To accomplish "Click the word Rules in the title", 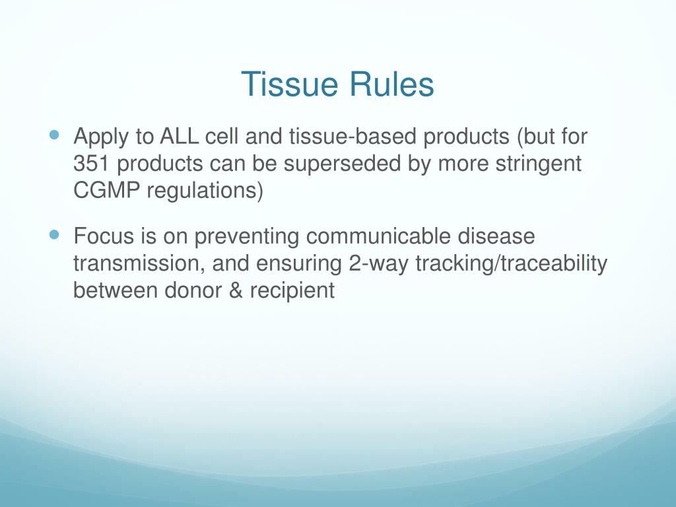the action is [391, 84].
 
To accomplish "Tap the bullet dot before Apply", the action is [54, 135].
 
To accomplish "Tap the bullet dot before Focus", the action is [54, 234].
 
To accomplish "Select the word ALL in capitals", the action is [179, 136].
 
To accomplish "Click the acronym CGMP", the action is [107, 190].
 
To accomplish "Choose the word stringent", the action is [539, 164].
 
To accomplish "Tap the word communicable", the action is [378, 236].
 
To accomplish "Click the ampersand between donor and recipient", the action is [236, 290].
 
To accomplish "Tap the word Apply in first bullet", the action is [101, 137].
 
